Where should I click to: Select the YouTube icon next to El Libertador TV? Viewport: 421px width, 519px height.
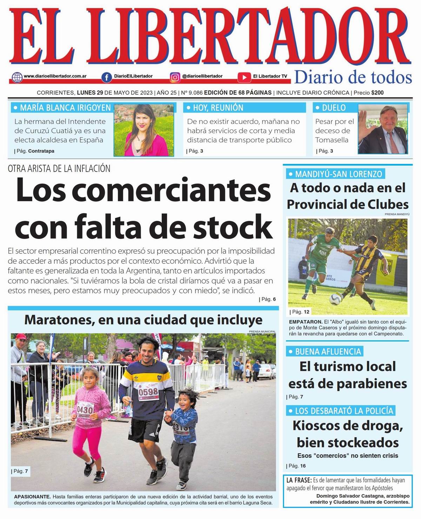(x=244, y=77)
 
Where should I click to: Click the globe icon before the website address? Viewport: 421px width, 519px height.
(x=17, y=77)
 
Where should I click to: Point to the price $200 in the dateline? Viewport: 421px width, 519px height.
(x=377, y=93)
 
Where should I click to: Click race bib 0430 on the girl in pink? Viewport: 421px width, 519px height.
(x=85, y=410)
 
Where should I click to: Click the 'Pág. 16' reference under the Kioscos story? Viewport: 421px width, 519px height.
(x=297, y=466)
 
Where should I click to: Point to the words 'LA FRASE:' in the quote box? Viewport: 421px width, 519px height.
(x=299, y=480)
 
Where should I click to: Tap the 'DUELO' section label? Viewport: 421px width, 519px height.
(x=334, y=108)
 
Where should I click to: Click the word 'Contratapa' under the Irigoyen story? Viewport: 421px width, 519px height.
(x=41, y=151)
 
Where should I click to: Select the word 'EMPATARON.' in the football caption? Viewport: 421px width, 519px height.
(x=306, y=322)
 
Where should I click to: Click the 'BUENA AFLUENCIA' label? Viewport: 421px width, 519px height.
(x=328, y=352)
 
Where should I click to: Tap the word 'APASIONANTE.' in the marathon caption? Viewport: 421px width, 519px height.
(x=32, y=497)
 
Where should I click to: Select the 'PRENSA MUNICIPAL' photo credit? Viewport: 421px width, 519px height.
(x=262, y=331)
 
